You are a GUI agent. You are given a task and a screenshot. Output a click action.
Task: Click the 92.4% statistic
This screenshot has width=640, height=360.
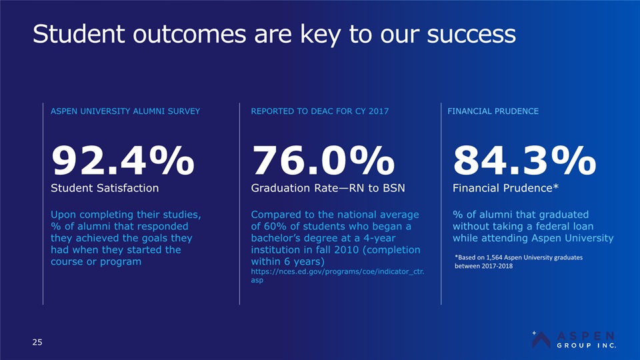click(x=123, y=161)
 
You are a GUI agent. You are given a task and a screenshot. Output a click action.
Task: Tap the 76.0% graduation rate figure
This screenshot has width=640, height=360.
click(x=323, y=161)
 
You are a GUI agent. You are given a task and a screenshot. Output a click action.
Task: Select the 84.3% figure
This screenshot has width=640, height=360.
click(x=525, y=161)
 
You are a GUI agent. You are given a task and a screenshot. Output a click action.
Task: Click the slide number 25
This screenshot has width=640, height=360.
click(x=37, y=342)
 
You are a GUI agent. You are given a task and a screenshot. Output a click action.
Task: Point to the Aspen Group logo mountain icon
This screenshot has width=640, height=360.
click(x=541, y=339)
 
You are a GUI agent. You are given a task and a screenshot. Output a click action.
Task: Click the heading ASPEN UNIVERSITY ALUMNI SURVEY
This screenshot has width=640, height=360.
click(x=125, y=111)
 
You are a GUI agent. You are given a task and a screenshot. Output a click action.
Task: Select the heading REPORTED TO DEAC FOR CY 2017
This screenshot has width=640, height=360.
click(x=319, y=111)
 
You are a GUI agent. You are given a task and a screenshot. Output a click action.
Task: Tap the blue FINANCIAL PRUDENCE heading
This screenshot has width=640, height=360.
click(x=493, y=111)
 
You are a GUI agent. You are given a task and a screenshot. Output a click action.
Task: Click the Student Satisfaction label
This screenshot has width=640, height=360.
click(x=105, y=188)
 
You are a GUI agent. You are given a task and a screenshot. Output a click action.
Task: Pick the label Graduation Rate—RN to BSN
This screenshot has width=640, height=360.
click(x=328, y=188)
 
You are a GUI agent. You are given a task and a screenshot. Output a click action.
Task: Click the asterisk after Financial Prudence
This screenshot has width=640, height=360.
click(x=555, y=186)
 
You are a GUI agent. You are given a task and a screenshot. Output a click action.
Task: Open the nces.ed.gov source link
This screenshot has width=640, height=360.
click(x=337, y=275)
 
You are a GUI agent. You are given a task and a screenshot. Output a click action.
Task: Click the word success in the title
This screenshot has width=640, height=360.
click(x=471, y=34)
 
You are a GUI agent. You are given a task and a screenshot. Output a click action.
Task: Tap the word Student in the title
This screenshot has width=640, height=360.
click(x=79, y=33)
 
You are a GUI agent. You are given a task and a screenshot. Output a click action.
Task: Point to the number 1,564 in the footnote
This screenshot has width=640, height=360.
click(x=494, y=257)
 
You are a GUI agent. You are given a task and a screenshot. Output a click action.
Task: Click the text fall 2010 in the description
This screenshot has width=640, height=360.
click(x=328, y=250)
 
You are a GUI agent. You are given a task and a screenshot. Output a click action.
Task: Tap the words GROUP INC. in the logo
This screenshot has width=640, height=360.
click(x=587, y=345)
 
